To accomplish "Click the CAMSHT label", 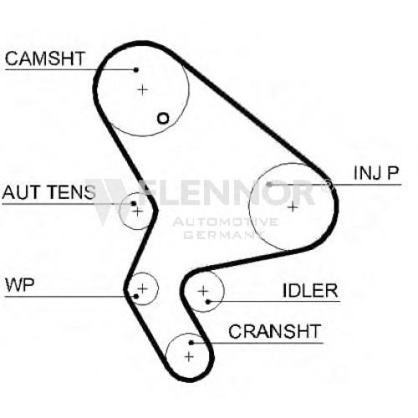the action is point(45,59).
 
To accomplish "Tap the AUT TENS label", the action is point(48,192).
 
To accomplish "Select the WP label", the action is point(20,285).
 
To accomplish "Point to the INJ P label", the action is point(376,173).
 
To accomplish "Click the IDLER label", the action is point(310,291).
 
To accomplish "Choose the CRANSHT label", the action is point(275,331).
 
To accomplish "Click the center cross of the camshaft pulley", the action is point(142,89).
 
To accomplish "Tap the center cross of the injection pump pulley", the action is point(293,207).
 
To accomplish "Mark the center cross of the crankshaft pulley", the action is point(189,357).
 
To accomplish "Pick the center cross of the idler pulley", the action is point(203,291).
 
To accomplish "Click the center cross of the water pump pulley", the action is point(142,288).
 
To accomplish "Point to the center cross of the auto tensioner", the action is point(137,212).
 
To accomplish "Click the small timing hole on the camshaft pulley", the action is point(163,119).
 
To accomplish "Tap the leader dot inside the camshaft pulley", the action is point(136,69).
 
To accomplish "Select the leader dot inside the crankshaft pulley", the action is point(191,343).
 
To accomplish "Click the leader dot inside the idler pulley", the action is point(207,302).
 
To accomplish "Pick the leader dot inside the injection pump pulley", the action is point(269,184).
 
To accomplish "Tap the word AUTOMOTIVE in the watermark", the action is point(226,222).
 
